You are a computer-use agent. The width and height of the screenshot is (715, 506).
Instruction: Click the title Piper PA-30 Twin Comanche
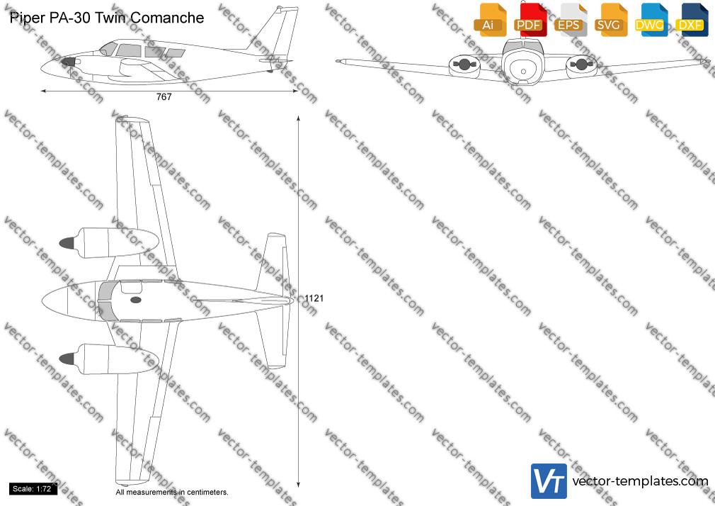coord(107,18)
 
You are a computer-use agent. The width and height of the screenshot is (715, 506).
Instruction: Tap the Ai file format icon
coord(490,20)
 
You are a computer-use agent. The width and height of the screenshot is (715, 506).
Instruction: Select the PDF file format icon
coord(530,20)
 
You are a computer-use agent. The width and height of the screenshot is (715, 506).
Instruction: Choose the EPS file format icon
coord(571,20)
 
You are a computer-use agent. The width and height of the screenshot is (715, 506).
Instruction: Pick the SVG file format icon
coord(611,20)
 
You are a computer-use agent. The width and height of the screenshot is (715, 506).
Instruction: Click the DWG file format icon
coord(651,20)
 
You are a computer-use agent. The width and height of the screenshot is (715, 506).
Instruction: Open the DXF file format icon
coord(692,20)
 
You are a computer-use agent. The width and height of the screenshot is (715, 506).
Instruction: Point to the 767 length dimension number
coord(164,97)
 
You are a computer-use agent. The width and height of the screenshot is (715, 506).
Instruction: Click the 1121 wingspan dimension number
coord(314,298)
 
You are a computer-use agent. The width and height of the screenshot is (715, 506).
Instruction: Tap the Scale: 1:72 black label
coord(33,489)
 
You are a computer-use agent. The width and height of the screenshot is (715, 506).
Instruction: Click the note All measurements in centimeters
coord(172,493)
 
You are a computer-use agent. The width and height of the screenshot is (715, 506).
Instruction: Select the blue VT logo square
coord(549,481)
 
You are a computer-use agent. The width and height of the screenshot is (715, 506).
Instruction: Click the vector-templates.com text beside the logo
coord(640,481)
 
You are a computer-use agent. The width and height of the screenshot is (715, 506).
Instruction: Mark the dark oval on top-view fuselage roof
coord(136,300)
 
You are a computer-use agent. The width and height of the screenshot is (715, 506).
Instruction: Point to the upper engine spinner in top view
coord(67,243)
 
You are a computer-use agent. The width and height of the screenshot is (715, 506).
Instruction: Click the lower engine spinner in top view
coord(67,359)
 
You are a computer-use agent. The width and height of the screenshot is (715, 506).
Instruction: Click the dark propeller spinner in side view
coord(68,62)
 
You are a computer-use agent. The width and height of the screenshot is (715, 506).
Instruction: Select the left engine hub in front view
coord(464,64)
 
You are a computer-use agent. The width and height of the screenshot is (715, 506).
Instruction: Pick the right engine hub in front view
coord(581,64)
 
